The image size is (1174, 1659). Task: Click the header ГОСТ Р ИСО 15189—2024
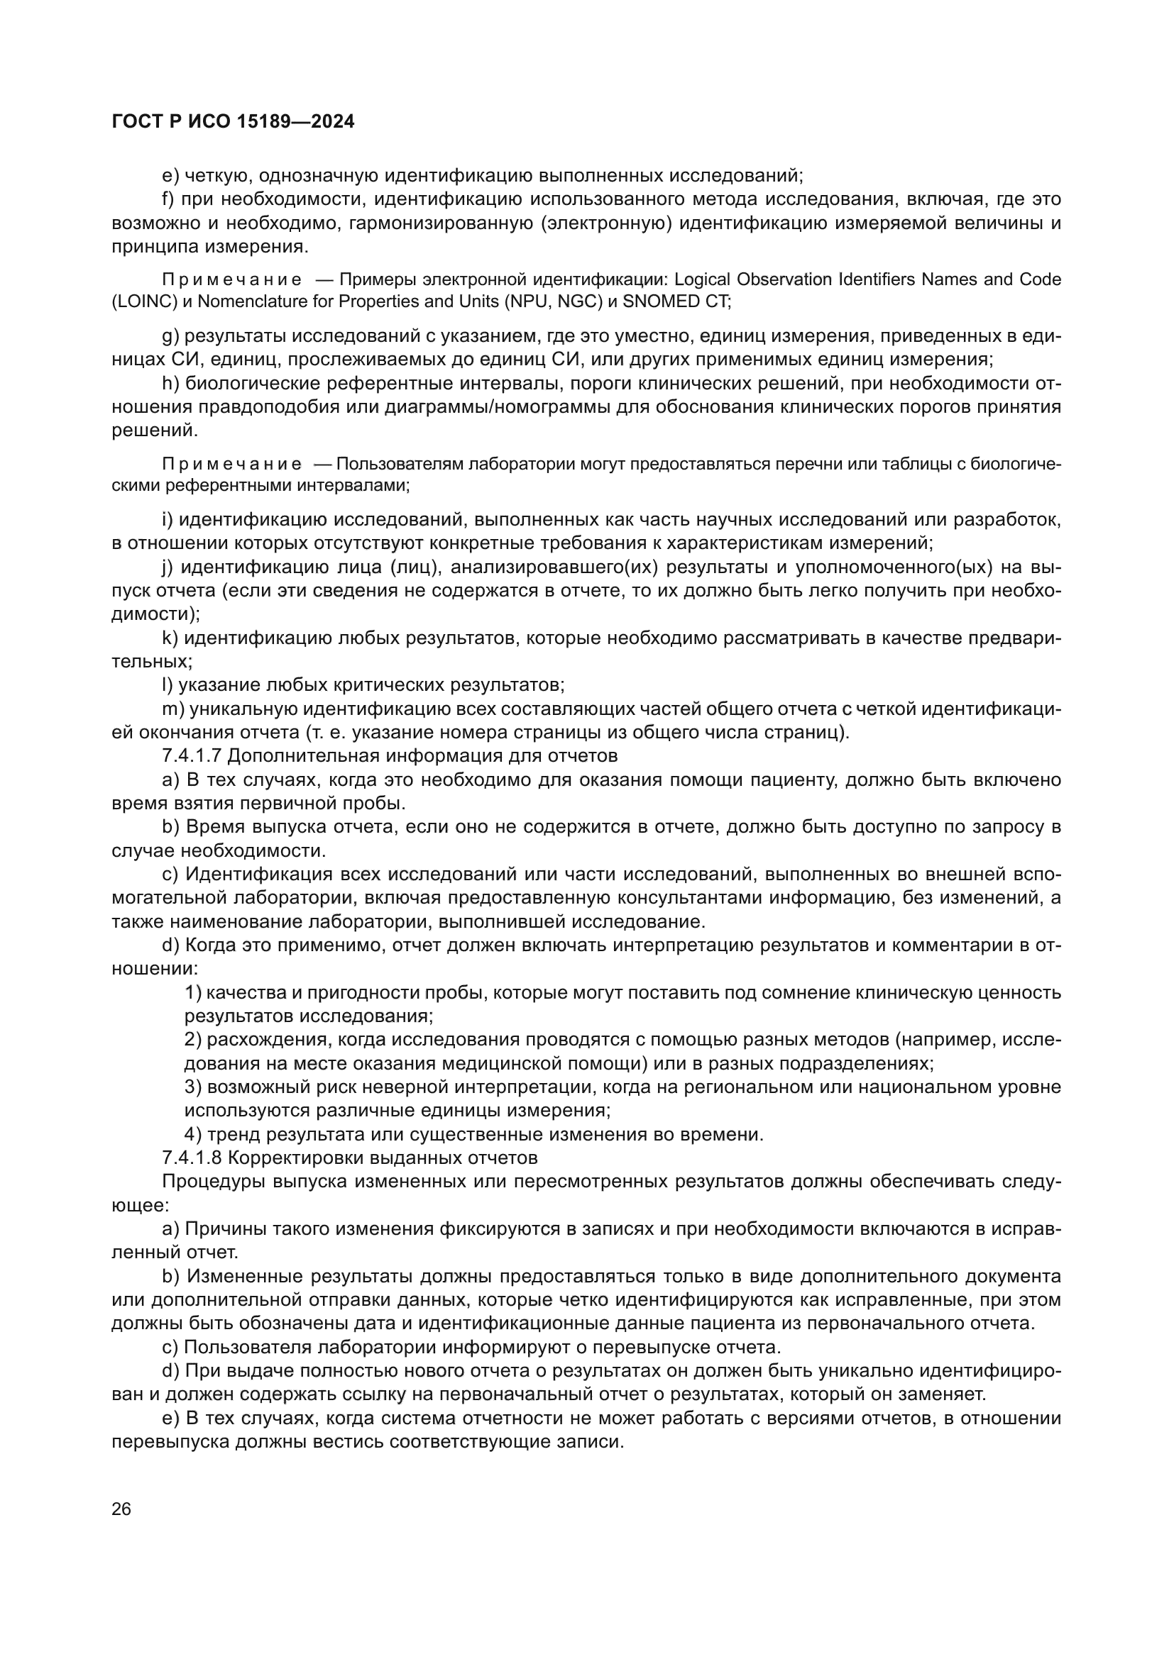(233, 121)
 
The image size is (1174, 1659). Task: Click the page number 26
(121, 1509)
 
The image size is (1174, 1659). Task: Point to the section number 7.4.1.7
(192, 756)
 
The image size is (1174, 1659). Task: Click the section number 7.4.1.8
(192, 1158)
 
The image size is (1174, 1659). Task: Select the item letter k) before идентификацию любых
(170, 638)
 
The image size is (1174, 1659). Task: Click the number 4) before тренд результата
(193, 1134)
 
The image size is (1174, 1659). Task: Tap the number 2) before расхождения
(193, 1040)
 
